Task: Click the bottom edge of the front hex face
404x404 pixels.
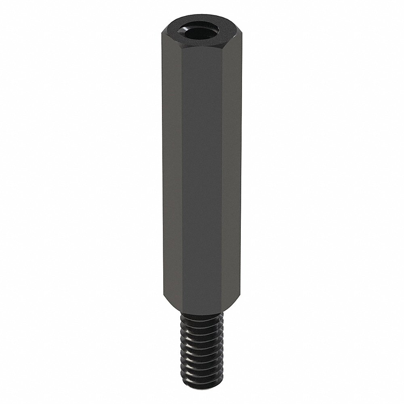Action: [x=202, y=311]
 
